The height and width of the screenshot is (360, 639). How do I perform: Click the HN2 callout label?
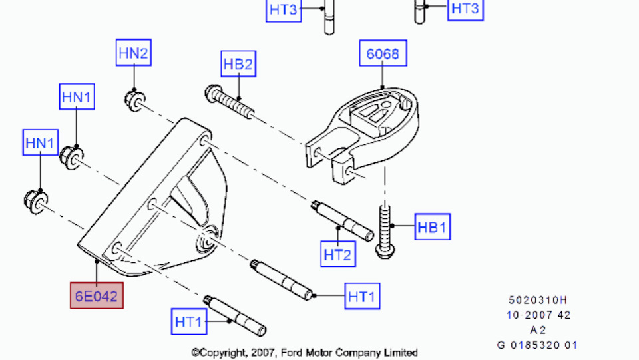point(133,53)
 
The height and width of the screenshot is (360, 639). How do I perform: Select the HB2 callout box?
point(238,64)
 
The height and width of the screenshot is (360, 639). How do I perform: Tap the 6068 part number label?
point(383,53)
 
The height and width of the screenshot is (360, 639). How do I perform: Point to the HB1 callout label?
point(432,228)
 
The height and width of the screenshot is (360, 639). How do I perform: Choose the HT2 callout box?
point(338,254)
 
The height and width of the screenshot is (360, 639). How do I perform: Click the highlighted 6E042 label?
point(97,295)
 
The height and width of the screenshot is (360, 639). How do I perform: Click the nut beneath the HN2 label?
point(134,100)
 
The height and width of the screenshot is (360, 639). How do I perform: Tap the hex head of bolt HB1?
point(384,251)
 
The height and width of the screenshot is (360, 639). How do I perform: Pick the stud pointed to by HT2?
point(342,220)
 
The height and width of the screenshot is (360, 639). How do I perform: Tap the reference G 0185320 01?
point(538,345)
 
